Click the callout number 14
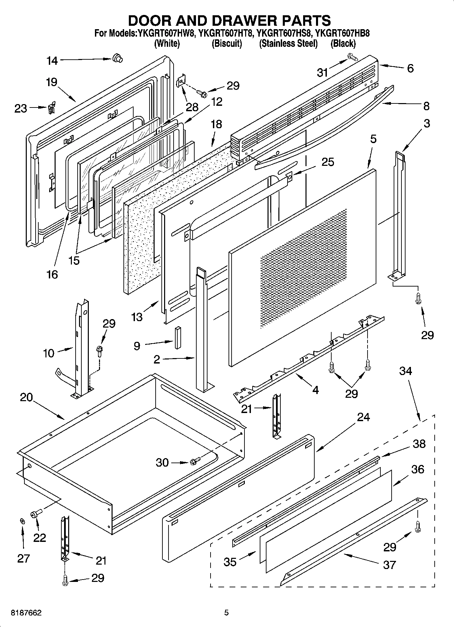[x=52, y=61]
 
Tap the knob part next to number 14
[x=117, y=59]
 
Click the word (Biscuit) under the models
[x=227, y=43]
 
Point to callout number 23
[x=20, y=109]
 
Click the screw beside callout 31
[x=352, y=57]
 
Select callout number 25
[x=328, y=162]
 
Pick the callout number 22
[x=39, y=537]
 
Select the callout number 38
[x=419, y=444]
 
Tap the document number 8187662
[x=26, y=613]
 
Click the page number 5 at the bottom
[x=226, y=613]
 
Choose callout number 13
[x=137, y=317]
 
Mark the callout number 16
[x=52, y=274]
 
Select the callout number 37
[x=389, y=565]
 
